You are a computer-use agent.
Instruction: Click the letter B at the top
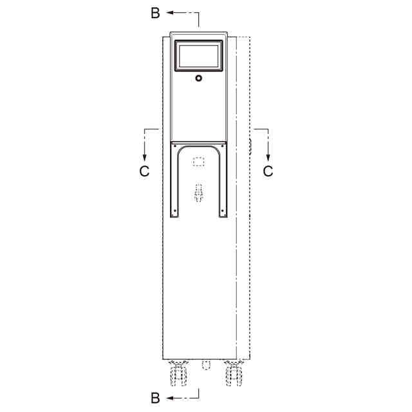[155, 13]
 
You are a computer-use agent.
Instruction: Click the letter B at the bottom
[155, 398]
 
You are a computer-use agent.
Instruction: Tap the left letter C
[144, 171]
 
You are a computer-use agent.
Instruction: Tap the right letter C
[268, 171]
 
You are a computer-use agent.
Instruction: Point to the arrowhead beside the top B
[169, 12]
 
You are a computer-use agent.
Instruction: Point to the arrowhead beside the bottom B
[169, 398]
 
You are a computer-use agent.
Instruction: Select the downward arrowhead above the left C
[144, 157]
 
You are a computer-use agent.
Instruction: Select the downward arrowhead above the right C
[268, 157]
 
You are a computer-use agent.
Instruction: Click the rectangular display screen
[199, 56]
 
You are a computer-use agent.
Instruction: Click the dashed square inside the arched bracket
[199, 162]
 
